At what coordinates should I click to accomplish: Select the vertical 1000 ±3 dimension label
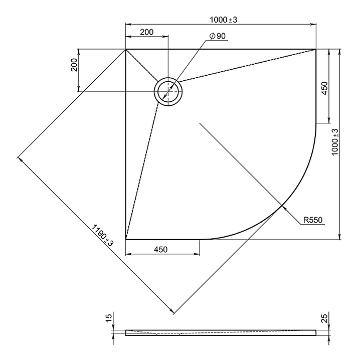click(335, 142)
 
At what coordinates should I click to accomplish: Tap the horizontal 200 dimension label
click(146, 32)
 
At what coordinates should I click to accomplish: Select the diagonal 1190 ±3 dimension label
click(102, 235)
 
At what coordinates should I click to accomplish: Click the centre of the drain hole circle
click(168, 92)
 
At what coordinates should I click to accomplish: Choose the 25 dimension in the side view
click(324, 318)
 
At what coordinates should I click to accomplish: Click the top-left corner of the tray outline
click(126, 50)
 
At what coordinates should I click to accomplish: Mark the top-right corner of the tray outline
click(316, 50)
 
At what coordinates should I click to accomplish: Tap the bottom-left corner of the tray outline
click(126, 240)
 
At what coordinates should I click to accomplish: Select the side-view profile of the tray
click(221, 332)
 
